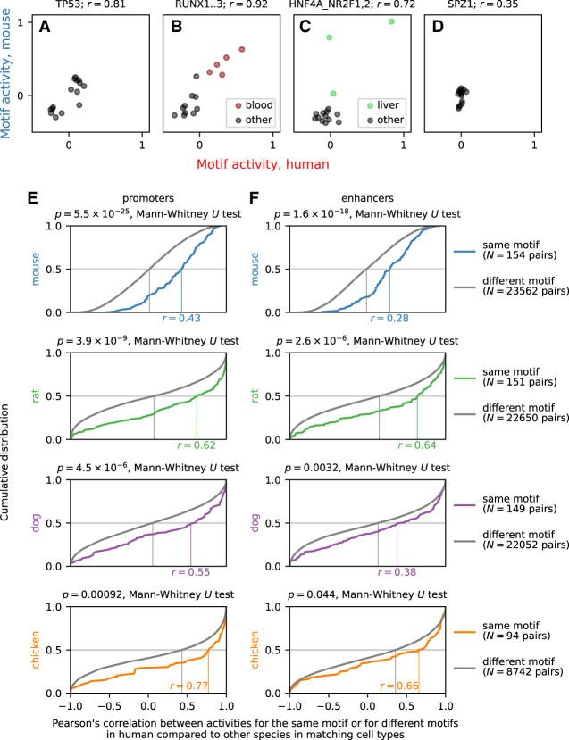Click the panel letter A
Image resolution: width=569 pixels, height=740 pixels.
(x=42, y=27)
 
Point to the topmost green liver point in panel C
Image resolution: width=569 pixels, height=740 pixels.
(x=390, y=21)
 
